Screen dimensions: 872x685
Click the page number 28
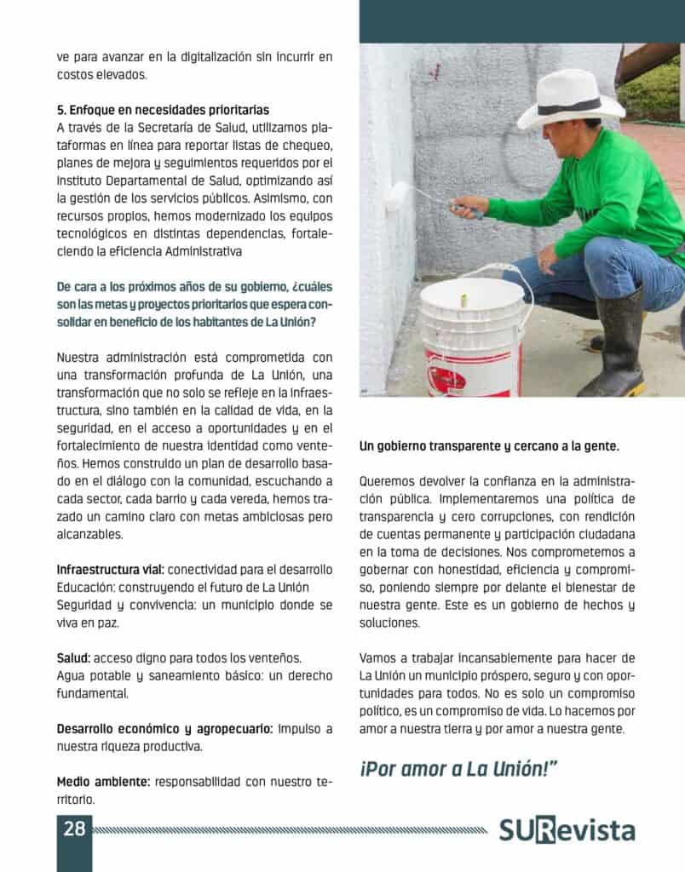[x=74, y=829]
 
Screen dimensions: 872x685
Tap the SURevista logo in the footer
[x=567, y=831]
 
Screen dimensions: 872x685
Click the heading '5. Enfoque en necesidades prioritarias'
[x=163, y=110]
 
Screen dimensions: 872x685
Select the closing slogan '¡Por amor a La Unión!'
[x=458, y=768]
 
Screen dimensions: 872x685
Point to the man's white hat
[x=569, y=100]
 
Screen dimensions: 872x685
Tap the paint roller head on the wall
[x=396, y=197]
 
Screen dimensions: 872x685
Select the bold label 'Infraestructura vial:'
[x=111, y=569]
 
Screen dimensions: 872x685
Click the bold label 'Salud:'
[x=73, y=657]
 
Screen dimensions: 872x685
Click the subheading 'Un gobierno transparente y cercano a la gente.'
[x=489, y=446]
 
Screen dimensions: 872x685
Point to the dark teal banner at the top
[x=521, y=21]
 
